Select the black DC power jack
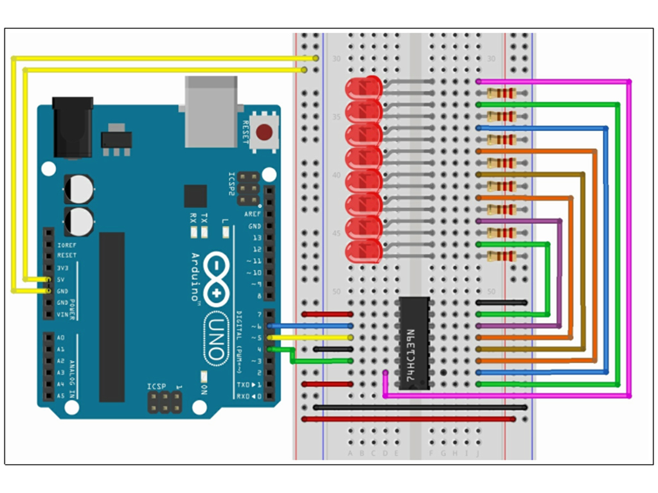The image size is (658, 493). click(x=72, y=127)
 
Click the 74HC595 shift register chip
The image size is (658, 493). click(x=414, y=343)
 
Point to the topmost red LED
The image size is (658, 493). click(x=364, y=88)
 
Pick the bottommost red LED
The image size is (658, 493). click(x=364, y=251)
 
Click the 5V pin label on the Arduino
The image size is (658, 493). click(x=62, y=279)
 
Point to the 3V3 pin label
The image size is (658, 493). click(x=63, y=268)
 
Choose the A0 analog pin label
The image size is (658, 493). click(x=60, y=338)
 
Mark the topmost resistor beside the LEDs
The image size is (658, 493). click(x=502, y=93)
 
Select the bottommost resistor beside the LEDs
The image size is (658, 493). click(x=502, y=257)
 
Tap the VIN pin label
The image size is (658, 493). click(x=62, y=314)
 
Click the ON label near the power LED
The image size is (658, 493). click(x=204, y=390)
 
